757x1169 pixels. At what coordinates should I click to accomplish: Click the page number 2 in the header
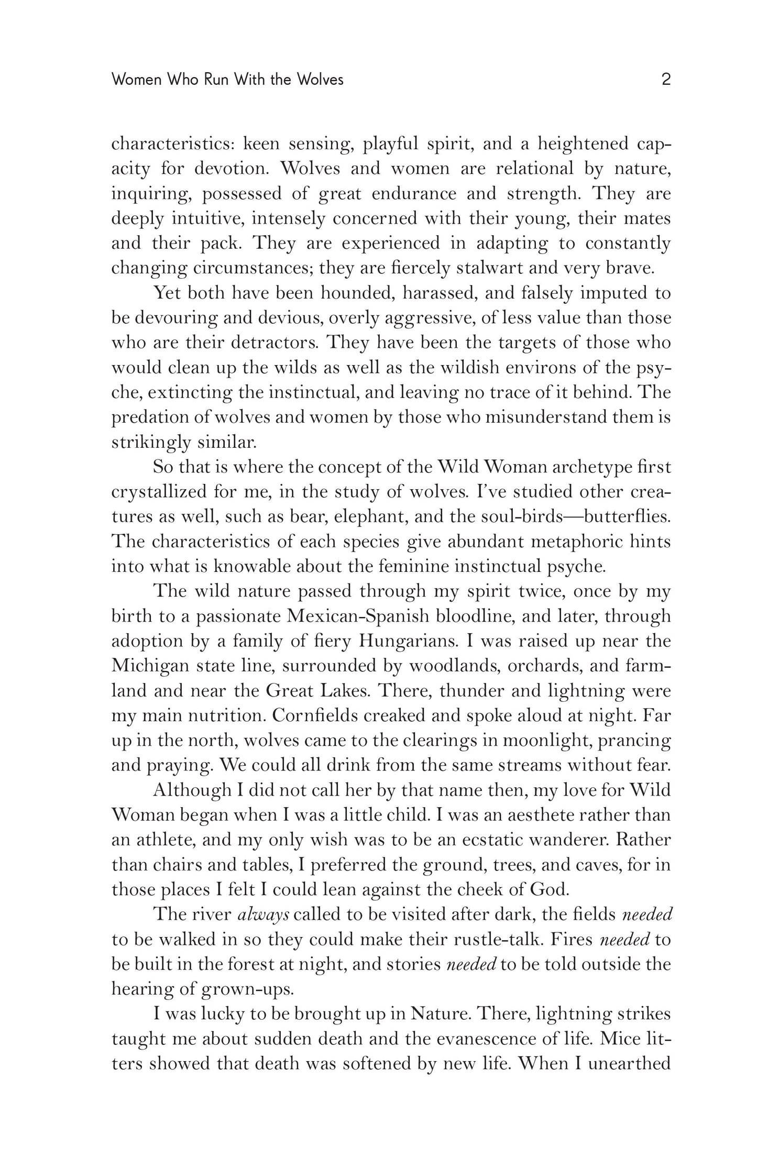pyautogui.click(x=666, y=80)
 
